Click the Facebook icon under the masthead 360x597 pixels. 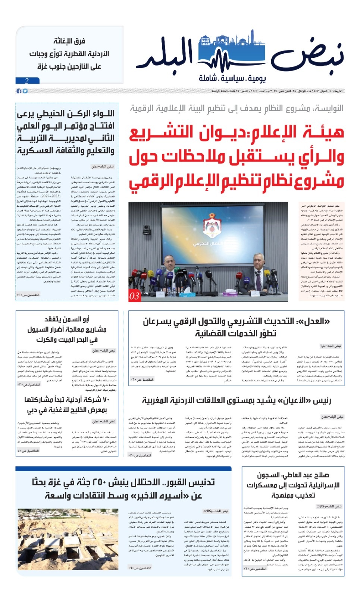[x=19, y=91]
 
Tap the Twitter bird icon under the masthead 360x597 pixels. [x=25, y=91]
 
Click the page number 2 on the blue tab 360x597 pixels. [x=27, y=81]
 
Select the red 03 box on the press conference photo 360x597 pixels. [x=134, y=296]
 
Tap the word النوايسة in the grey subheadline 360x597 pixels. [x=328, y=109]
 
